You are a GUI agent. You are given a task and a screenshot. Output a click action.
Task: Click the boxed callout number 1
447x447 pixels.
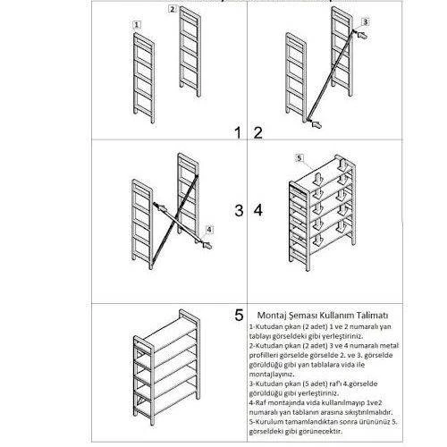click(136, 27)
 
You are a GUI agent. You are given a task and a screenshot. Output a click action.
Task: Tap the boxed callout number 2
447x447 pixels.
click(172, 9)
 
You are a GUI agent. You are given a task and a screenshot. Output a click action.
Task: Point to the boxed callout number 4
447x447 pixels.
click(208, 229)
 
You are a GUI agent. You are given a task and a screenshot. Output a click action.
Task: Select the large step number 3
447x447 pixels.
click(239, 211)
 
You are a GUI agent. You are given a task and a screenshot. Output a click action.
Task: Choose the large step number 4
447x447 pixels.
click(258, 211)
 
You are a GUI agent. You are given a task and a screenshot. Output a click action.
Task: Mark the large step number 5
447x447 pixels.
click(239, 315)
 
